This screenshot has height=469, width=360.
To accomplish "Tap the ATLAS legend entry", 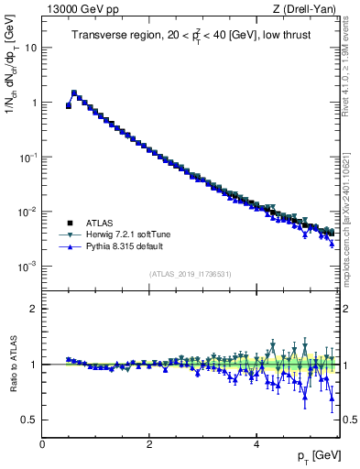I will coord(101,223).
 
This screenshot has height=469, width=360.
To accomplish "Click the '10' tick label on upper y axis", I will coord(31,48).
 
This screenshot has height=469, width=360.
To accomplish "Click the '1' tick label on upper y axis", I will coord(34,103).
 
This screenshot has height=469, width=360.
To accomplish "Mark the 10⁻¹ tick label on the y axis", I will coord(29,157).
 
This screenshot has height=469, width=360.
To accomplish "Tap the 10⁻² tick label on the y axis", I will coord(29,212).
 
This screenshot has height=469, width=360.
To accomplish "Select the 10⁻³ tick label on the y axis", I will coord(29,266).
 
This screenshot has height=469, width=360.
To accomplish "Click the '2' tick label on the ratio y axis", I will coord(34,309).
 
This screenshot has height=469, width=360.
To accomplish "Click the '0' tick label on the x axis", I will coord(42,443).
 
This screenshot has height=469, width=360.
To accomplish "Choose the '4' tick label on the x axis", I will coord(256,443).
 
